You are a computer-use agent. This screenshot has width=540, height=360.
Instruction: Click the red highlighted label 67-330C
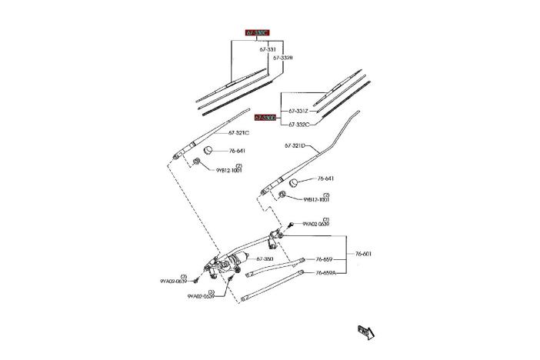point(257,33)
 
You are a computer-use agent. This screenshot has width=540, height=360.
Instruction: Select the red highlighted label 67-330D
point(266,118)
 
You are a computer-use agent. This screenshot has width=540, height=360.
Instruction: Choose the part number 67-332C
point(298,124)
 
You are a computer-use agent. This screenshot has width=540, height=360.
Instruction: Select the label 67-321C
point(238,133)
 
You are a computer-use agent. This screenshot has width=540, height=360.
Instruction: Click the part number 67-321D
point(295,145)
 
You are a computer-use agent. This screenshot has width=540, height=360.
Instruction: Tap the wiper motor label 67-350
point(264,259)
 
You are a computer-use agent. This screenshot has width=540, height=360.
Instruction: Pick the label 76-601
point(364,254)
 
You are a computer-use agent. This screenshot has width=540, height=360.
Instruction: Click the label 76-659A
point(326,272)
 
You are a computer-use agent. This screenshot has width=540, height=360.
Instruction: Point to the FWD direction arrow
point(366,332)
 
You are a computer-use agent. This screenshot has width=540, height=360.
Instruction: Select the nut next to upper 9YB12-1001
point(197,162)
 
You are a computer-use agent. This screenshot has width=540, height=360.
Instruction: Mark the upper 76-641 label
point(236,152)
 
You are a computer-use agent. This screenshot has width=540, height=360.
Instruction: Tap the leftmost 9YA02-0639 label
point(173,282)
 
